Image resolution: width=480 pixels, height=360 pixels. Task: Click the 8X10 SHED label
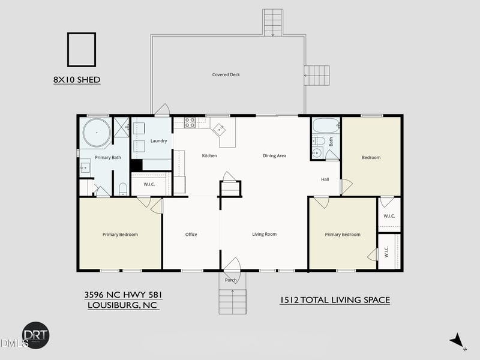click(77, 80)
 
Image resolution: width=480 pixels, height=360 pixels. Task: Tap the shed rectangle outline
click(68, 50)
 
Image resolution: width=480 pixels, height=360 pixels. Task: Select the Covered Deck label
click(226, 74)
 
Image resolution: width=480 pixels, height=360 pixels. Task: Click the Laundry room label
click(158, 141)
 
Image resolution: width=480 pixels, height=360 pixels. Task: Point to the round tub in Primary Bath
click(97, 133)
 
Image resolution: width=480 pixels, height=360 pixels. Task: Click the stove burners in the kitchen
click(190, 122)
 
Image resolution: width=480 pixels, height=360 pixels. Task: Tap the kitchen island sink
click(220, 129)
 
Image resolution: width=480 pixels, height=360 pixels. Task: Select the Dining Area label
click(274, 155)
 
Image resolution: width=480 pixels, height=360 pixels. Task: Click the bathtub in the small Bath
click(326, 125)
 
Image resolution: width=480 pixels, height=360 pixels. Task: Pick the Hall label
click(325, 179)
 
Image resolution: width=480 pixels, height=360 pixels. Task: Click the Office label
click(191, 234)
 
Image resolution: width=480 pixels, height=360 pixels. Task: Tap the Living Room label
click(264, 234)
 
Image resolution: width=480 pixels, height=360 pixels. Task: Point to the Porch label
click(231, 280)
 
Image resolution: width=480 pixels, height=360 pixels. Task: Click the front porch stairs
click(233, 302)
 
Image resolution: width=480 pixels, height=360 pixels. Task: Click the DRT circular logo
click(36, 335)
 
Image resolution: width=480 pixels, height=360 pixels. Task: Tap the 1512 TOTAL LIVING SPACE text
click(335, 300)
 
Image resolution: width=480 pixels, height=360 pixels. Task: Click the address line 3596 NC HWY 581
click(124, 295)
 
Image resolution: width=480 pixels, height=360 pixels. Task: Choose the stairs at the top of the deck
click(272, 22)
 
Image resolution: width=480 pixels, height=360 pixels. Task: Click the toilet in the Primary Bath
click(123, 189)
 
